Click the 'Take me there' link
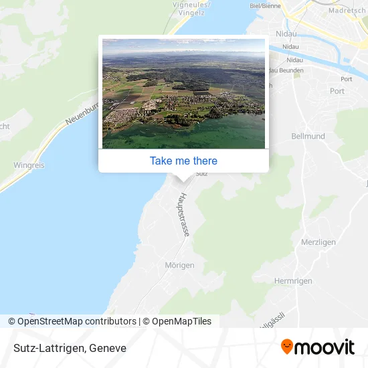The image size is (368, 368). tap(183, 161)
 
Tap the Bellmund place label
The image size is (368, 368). tap(308, 136)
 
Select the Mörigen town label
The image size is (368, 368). tap(179, 265)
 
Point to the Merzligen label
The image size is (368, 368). tap(318, 242)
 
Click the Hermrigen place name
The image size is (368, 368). tap(293, 281)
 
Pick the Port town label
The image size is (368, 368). tap(337, 91)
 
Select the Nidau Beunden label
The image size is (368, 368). tap(284, 70)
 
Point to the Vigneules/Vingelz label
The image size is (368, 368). tap(191, 7)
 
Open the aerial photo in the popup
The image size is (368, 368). tap(183, 93)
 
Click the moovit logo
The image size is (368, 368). tap(318, 347)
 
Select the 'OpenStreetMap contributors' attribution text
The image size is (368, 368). tap(76, 321)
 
